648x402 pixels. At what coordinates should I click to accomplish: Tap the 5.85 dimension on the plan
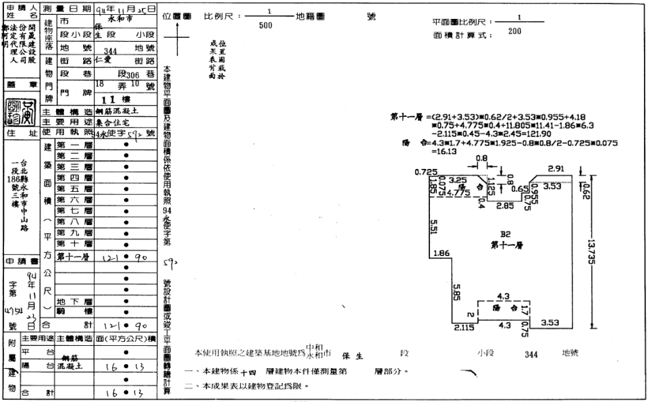point(456,292)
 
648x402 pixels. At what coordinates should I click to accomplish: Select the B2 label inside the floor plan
point(505,236)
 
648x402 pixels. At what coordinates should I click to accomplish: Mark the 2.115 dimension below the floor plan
point(463,328)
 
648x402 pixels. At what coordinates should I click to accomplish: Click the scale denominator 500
point(266,25)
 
